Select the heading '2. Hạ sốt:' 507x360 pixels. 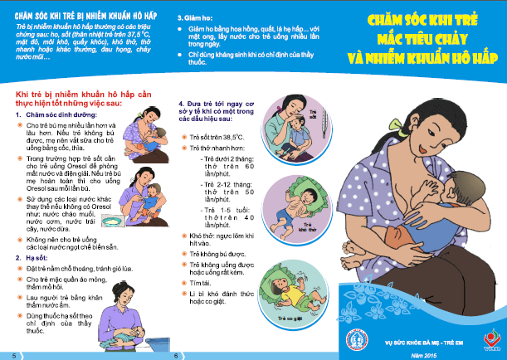point(32,258)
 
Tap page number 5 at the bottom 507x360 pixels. point(12,355)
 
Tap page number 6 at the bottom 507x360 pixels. point(176,355)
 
